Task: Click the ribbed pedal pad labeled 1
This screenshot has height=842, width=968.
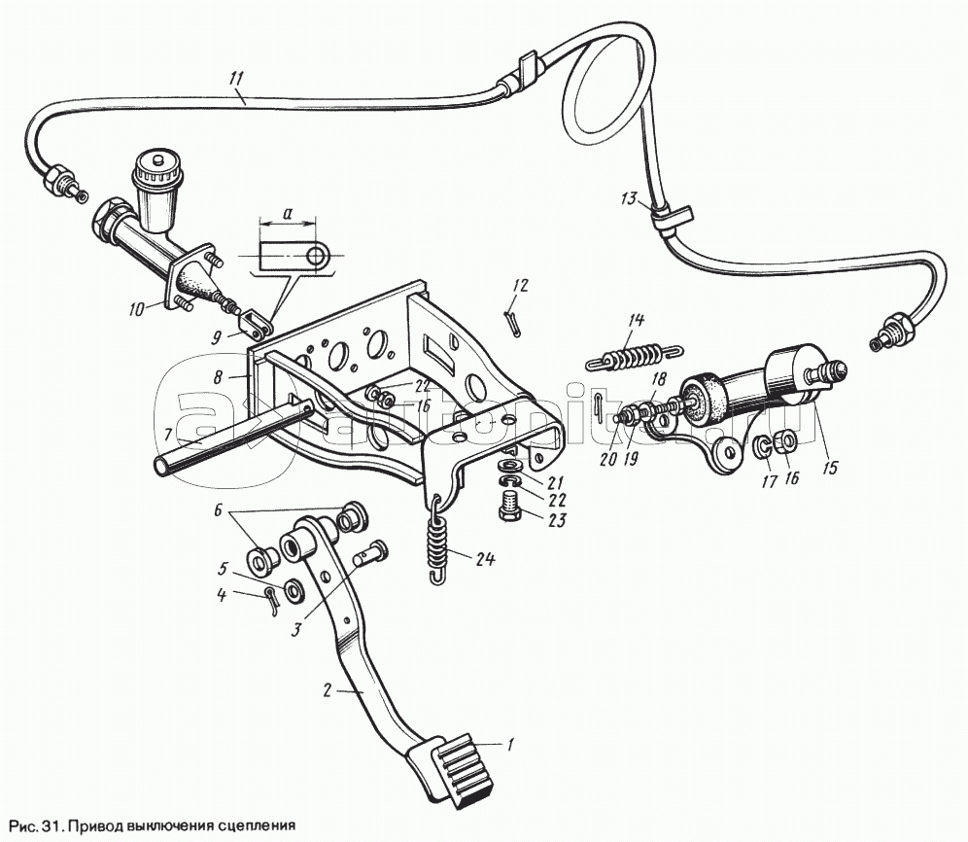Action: point(460,769)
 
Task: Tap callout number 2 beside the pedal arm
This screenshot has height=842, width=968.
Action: point(328,690)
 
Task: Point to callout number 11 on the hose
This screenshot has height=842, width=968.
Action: point(236,79)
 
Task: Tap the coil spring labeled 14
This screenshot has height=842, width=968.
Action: point(634,358)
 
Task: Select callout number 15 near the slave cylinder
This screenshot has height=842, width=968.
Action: point(830,468)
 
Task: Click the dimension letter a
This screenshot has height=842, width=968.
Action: point(288,213)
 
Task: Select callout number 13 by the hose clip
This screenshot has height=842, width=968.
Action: point(628,199)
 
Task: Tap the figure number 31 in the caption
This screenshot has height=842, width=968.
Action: point(52,824)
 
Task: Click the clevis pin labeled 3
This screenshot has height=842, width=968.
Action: point(369,551)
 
